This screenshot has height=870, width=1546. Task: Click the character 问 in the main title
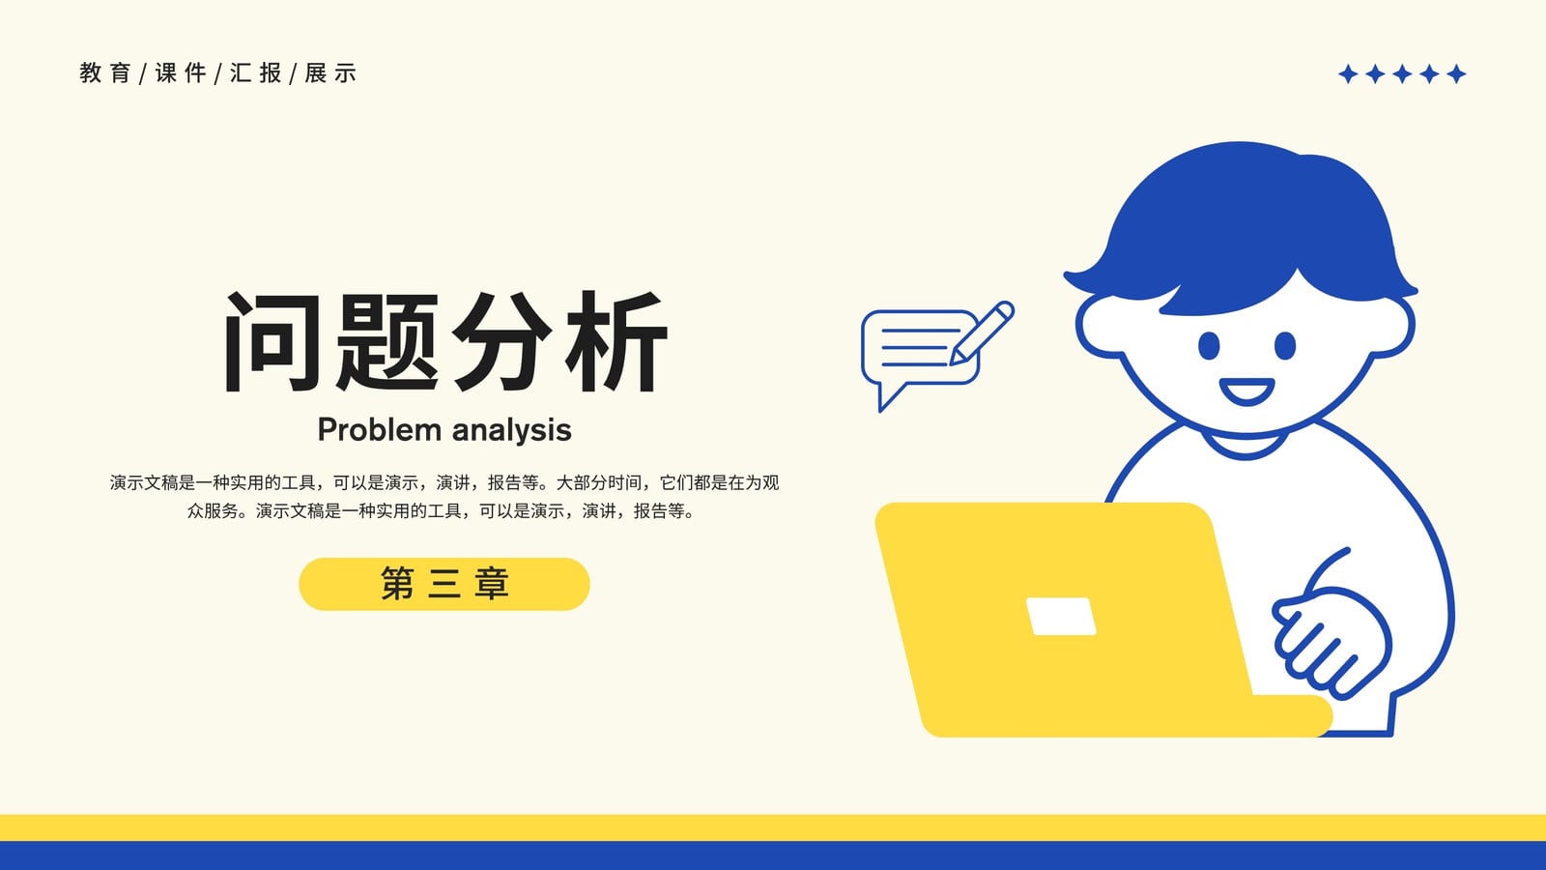(272, 342)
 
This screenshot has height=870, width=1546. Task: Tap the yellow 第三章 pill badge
(444, 584)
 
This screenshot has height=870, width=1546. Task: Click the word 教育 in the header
(105, 72)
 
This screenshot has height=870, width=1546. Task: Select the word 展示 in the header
(330, 72)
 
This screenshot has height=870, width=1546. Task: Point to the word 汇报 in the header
(255, 72)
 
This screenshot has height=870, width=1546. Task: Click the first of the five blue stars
(1348, 73)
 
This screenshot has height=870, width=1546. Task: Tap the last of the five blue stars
(1456, 73)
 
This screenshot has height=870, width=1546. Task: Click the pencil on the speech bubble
(982, 333)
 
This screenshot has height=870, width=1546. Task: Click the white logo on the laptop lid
(1061, 616)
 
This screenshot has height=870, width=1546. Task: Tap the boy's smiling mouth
(1246, 391)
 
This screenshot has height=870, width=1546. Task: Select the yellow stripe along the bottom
(773, 827)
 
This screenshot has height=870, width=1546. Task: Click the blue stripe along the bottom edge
(773, 855)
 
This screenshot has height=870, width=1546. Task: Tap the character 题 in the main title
(387, 342)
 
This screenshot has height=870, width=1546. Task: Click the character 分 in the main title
(502, 341)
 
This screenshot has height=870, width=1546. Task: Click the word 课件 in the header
(180, 72)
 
